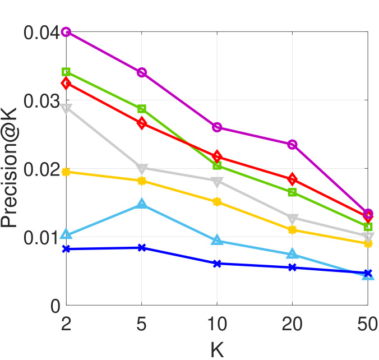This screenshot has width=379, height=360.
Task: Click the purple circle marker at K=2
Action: point(66,32)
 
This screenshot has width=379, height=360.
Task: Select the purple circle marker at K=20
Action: point(292,144)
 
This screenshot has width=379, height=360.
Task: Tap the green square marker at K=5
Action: point(142,109)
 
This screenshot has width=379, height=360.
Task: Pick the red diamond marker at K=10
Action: point(217,156)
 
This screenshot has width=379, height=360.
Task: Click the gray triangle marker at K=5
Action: point(142,168)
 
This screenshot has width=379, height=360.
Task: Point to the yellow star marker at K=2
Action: point(66,172)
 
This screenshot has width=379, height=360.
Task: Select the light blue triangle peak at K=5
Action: point(142,204)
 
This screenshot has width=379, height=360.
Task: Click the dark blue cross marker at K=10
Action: point(217,263)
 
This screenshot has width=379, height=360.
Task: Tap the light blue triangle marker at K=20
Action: point(292,254)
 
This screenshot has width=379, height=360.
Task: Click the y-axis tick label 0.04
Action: point(41,33)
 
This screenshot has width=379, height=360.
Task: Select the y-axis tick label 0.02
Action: point(41,169)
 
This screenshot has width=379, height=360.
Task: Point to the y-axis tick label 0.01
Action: point(41,238)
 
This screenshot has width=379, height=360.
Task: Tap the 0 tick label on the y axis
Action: point(55,306)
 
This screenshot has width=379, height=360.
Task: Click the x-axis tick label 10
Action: point(217,326)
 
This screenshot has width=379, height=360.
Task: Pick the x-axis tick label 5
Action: point(142,326)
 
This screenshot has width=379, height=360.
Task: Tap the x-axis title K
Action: point(217,349)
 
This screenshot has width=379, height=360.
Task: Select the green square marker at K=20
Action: point(292,192)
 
